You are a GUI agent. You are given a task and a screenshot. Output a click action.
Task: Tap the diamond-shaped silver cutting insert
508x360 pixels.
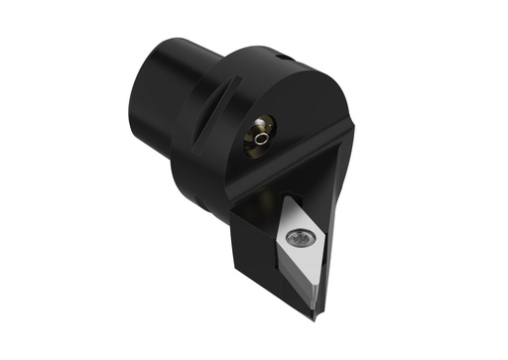coord(303,254)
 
